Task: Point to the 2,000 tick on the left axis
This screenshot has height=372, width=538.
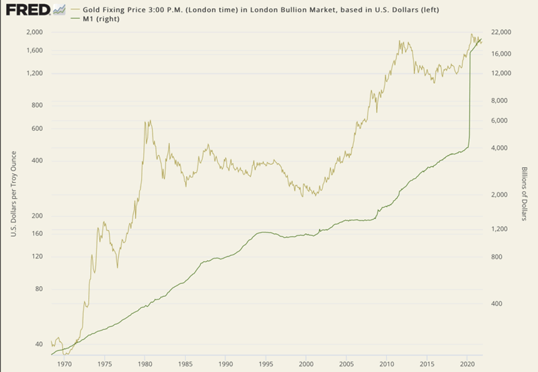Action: click(x=34, y=32)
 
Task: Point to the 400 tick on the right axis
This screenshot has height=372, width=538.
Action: click(x=497, y=304)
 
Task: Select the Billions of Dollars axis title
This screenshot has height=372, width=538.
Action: click(x=524, y=195)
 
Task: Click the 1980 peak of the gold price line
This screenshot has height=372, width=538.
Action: click(x=147, y=122)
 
